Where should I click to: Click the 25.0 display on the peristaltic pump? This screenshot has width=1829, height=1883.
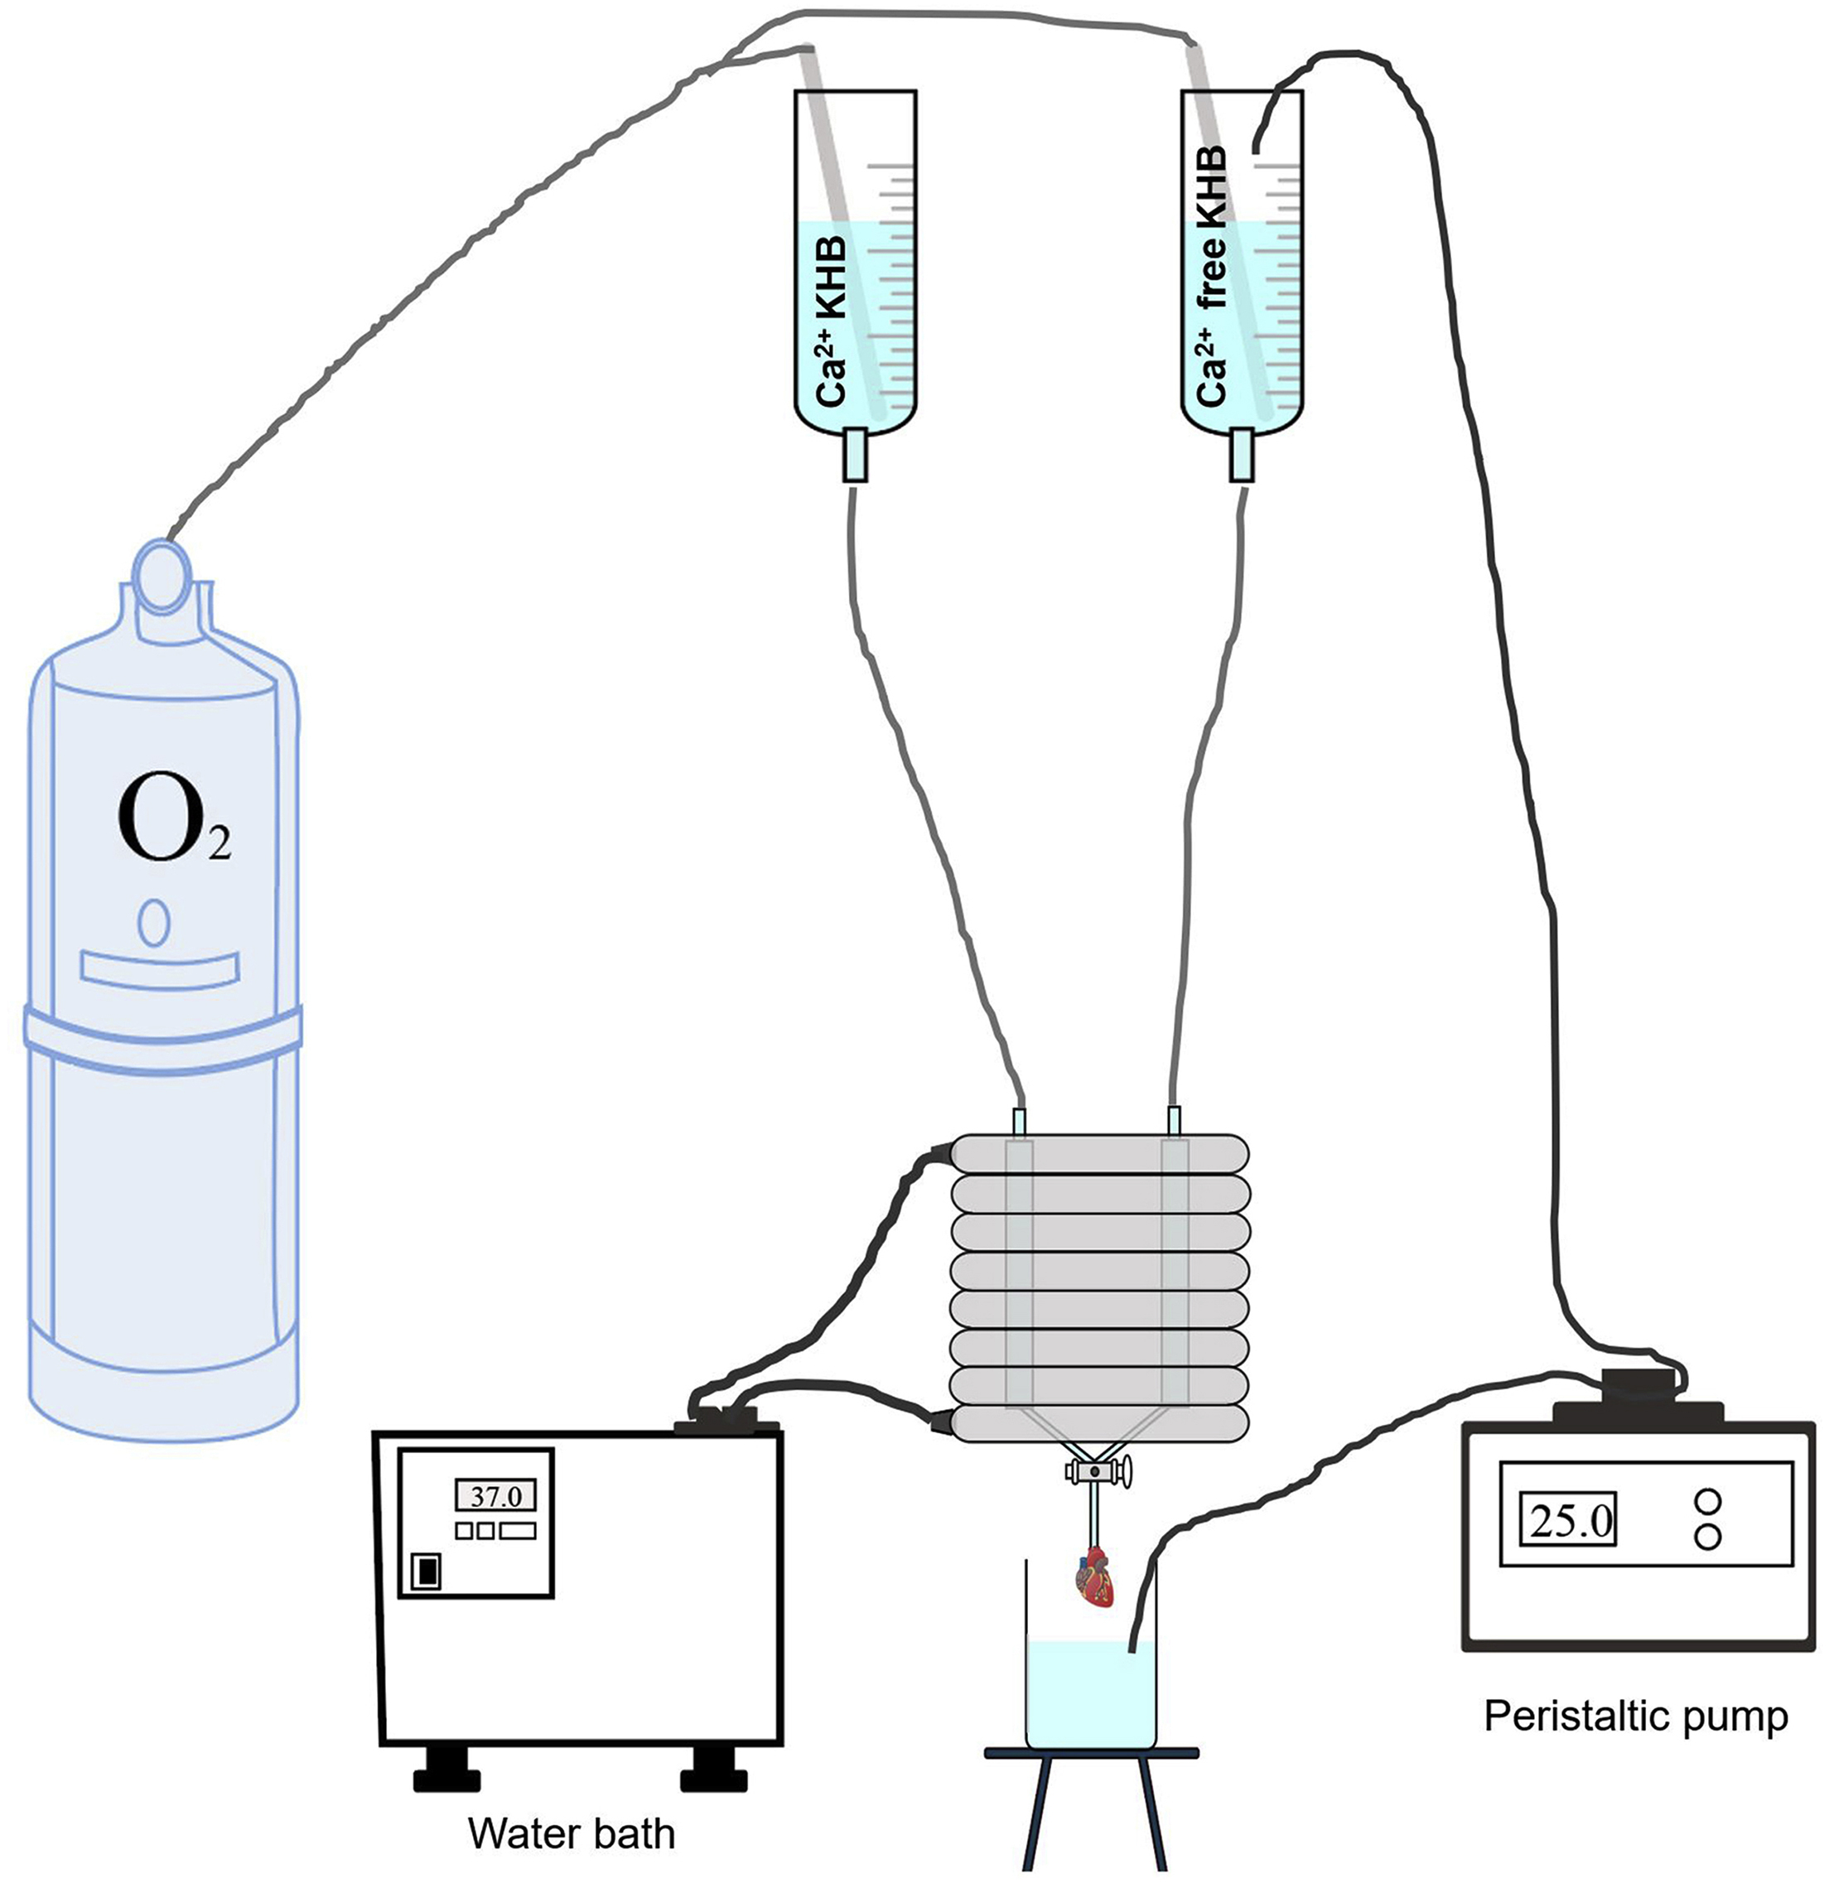1568,1518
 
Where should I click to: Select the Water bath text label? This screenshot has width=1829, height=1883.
572,1833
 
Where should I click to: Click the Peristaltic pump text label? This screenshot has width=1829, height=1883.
1636,1715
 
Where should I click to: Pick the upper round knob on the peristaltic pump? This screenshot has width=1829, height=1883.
1708,1500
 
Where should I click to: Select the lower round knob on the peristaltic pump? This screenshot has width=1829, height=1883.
1708,1538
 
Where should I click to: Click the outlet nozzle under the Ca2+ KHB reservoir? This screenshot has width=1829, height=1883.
855,456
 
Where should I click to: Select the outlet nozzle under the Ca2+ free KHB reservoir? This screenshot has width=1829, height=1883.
1242,456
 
